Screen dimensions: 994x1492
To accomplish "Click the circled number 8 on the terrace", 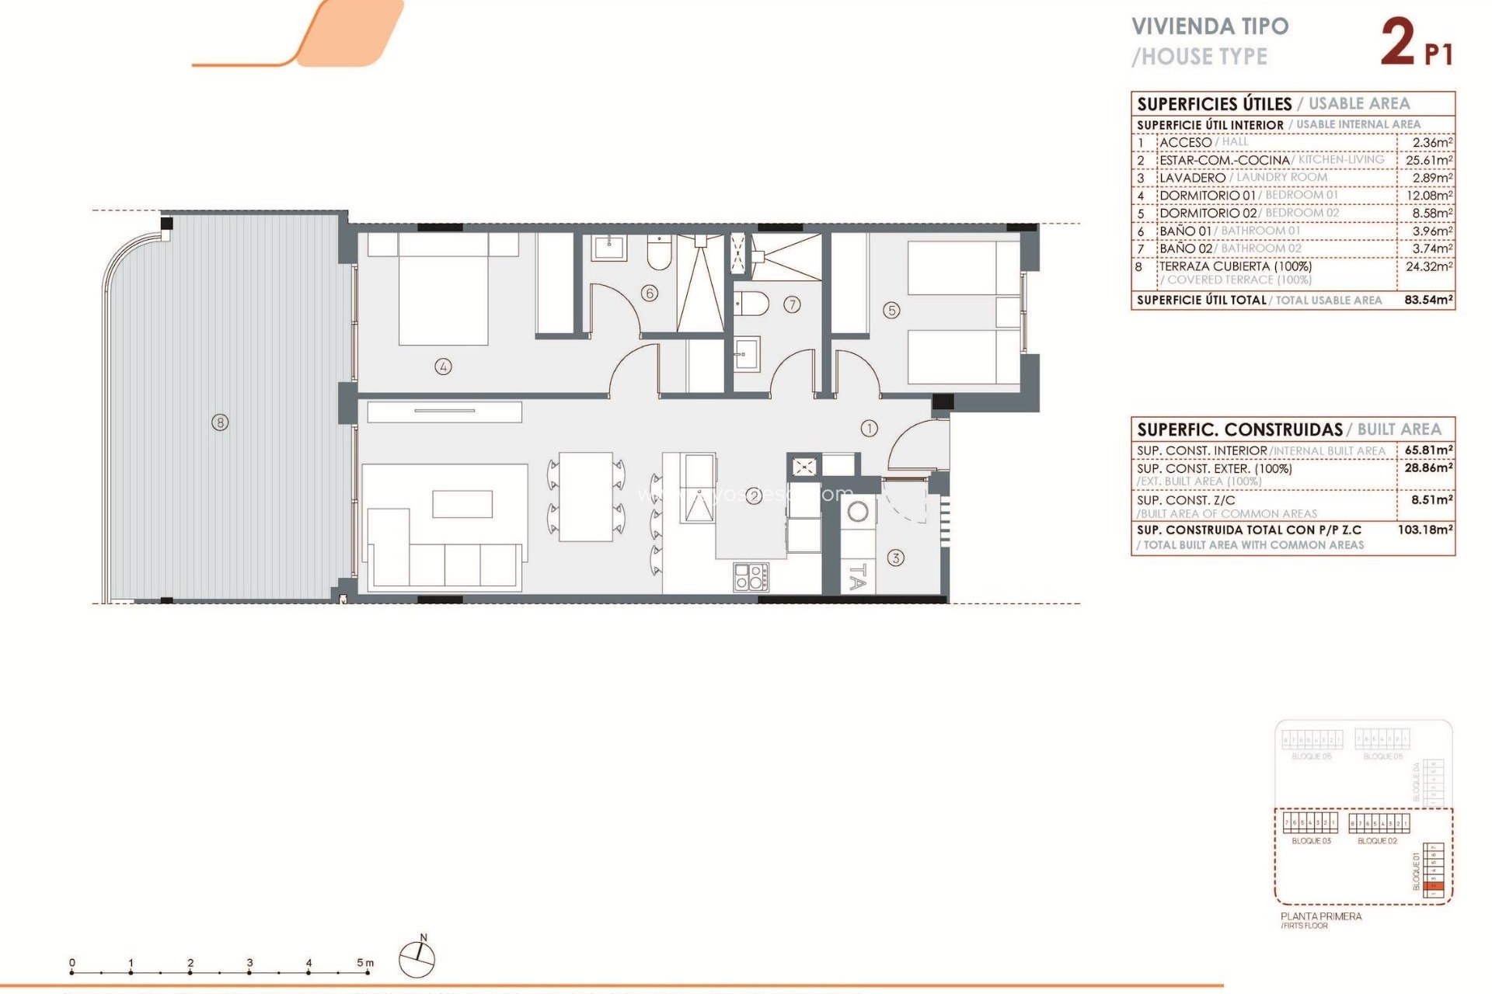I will pyautogui.click(x=221, y=422).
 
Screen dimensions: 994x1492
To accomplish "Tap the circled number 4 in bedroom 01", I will pyautogui.click(x=443, y=367).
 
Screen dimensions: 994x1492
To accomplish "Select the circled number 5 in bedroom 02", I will pyautogui.click(x=891, y=311).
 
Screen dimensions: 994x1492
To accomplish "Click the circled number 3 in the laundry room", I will pyautogui.click(x=895, y=558).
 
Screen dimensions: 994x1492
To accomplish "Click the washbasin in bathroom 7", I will pyautogui.click(x=747, y=354).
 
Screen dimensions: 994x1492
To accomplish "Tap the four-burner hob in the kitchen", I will pyautogui.click(x=751, y=577).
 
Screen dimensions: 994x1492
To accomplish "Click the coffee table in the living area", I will pyautogui.click(x=462, y=504).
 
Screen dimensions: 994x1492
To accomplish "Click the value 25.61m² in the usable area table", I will pyautogui.click(x=1428, y=160).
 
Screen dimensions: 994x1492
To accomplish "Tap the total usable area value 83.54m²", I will pyautogui.click(x=1428, y=300).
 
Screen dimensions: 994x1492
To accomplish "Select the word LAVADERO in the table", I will pyautogui.click(x=1191, y=178).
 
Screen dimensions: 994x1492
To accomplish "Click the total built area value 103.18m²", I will pyautogui.click(x=1424, y=530).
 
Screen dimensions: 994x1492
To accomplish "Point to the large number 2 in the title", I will pyautogui.click(x=1398, y=43).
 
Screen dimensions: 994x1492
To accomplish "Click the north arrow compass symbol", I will pyautogui.click(x=417, y=958).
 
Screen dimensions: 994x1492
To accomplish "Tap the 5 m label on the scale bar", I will pyautogui.click(x=364, y=963).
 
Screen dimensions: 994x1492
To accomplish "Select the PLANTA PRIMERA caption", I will pyautogui.click(x=1320, y=916).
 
